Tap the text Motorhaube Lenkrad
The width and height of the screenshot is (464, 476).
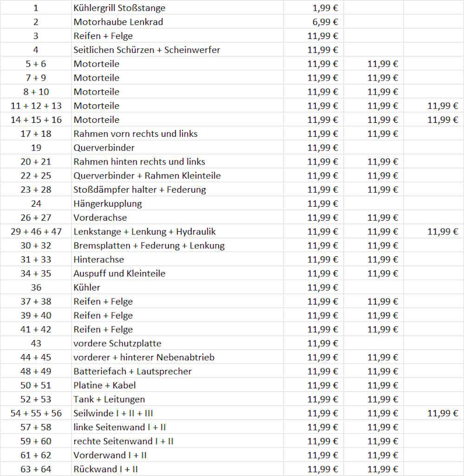click(118, 22)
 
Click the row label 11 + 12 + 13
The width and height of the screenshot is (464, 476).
click(36, 106)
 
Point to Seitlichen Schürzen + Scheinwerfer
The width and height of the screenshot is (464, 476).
click(147, 50)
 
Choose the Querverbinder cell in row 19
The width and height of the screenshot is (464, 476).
click(104, 148)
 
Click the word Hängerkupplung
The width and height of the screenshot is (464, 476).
click(108, 203)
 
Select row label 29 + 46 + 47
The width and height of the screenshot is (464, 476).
click(36, 231)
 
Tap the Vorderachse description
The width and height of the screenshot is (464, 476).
click(100, 217)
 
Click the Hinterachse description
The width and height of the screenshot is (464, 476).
click(99, 260)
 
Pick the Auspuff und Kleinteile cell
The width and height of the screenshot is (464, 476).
click(119, 273)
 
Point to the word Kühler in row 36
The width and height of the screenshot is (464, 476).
click(87, 287)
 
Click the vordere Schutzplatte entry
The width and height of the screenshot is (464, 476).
click(117, 343)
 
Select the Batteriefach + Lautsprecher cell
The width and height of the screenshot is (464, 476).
click(132, 371)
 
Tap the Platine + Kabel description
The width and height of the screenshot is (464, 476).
click(104, 385)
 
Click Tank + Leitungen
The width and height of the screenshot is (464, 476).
click(109, 399)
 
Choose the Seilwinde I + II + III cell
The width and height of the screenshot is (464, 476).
click(113, 413)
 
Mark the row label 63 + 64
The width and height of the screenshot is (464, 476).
click(36, 469)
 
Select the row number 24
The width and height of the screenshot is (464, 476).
click(36, 203)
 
